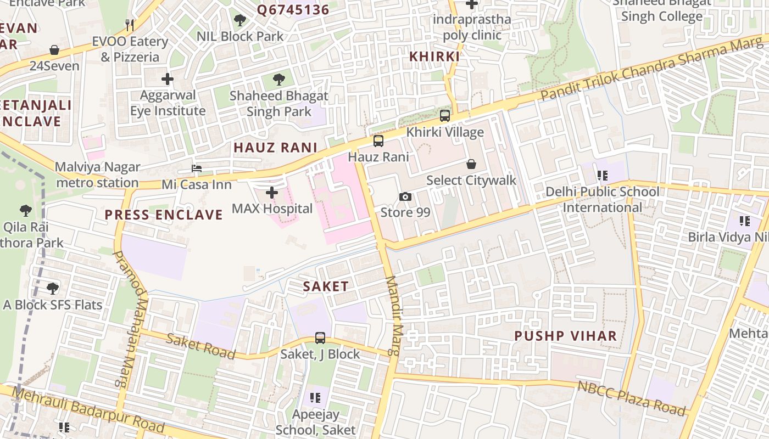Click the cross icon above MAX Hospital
[272, 193]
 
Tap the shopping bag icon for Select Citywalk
[471, 164]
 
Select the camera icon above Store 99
[405, 196]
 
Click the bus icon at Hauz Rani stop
[378, 141]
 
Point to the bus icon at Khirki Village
[445, 116]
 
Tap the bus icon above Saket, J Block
[320, 338]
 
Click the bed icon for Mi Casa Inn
[197, 168]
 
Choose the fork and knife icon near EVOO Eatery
[130, 25]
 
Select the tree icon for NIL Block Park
[240, 21]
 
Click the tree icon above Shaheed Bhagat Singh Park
[279, 80]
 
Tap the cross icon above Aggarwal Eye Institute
[168, 79]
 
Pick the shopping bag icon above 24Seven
[54, 50]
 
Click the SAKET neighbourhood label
[326, 286]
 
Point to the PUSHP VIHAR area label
[565, 335]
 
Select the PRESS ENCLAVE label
[164, 215]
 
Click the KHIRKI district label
[434, 57]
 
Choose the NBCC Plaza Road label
[632, 397]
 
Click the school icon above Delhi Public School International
[603, 176]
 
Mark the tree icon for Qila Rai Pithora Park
[25, 211]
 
